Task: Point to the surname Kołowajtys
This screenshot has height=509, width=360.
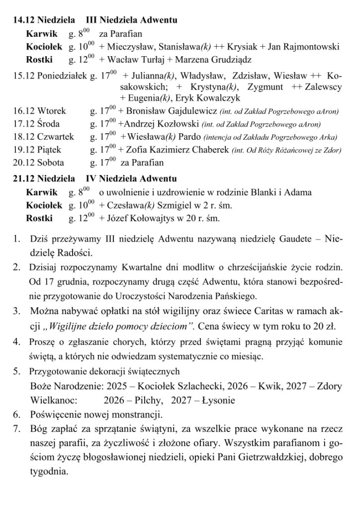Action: tap(158, 218)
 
